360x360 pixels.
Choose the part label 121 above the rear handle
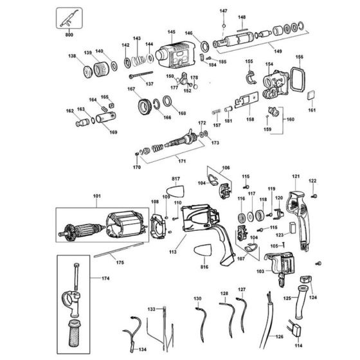pos(296,176)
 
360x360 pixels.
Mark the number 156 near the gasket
pos(298,57)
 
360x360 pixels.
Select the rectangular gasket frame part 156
pos(298,82)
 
